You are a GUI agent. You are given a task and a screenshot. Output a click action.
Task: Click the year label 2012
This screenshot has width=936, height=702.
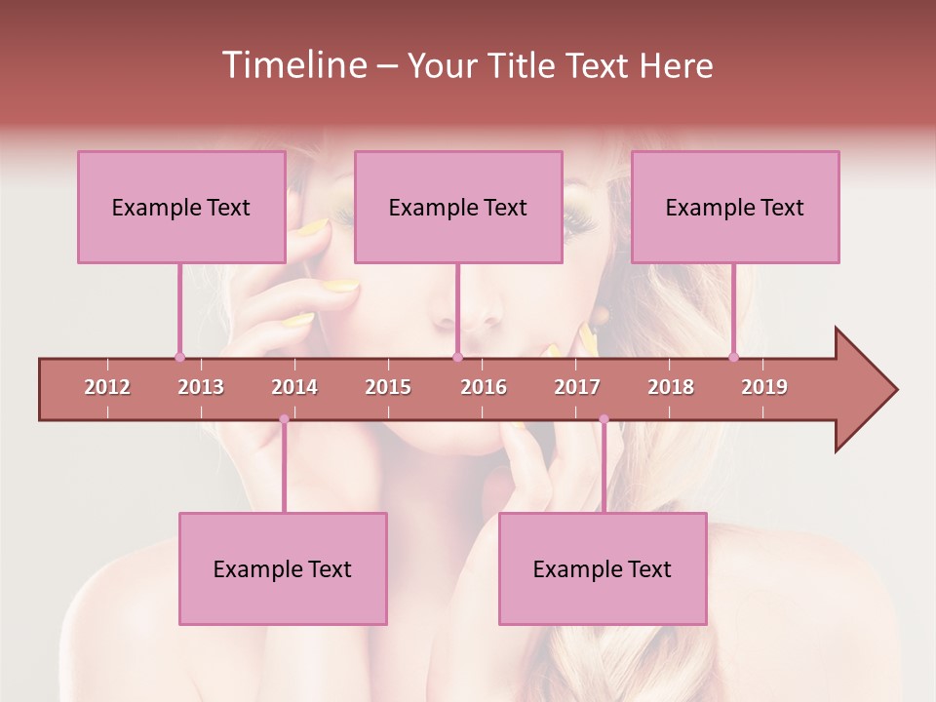tap(107, 387)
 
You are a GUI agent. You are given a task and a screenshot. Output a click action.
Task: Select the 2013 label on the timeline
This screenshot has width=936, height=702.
tap(201, 387)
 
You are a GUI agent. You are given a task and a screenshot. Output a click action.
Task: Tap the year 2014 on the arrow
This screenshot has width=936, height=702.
tap(294, 387)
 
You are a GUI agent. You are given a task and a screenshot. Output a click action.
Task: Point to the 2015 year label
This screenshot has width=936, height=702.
tap(388, 387)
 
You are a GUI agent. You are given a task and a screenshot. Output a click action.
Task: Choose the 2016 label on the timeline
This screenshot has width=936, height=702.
tap(484, 387)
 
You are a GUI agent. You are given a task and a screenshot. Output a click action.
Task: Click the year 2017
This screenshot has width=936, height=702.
tap(577, 387)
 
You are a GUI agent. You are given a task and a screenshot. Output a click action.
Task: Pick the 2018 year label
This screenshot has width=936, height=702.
tap(671, 387)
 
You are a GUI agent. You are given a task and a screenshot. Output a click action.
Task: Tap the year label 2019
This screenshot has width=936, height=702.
tap(764, 387)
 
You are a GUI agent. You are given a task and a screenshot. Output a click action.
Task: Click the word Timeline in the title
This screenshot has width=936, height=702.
tap(292, 65)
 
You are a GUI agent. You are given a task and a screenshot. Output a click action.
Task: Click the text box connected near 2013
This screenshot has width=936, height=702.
tap(181, 207)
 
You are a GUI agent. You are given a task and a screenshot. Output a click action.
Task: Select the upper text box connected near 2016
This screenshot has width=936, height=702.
tap(458, 207)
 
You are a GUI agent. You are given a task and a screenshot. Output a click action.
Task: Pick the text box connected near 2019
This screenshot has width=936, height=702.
tap(735, 207)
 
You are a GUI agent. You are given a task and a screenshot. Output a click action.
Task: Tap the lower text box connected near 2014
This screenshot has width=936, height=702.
tap(283, 568)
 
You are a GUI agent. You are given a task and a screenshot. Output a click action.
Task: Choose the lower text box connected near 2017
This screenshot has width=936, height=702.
tap(603, 568)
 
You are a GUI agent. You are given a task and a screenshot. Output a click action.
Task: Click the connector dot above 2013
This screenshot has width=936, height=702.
tap(179, 357)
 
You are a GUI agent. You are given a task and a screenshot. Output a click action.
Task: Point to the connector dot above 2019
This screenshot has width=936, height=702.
tap(733, 357)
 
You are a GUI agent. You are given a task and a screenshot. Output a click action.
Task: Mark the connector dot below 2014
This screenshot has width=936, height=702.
tap(284, 419)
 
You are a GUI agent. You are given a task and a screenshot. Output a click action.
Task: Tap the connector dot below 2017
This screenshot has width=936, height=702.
tap(604, 419)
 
